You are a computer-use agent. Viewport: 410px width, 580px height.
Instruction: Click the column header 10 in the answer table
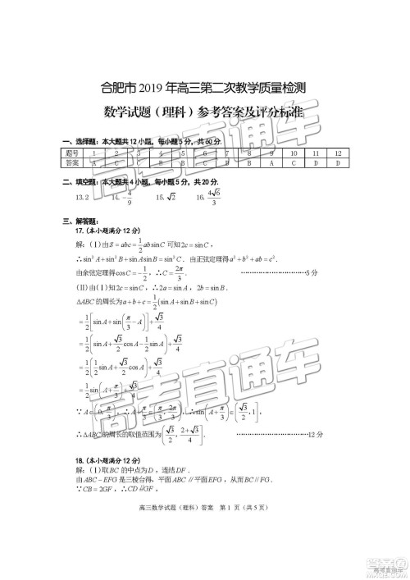pyautogui.click(x=293, y=153)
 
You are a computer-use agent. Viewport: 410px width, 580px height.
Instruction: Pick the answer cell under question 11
pyautogui.click(x=315, y=162)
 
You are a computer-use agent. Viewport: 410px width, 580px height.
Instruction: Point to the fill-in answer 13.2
pyautogui.click(x=82, y=198)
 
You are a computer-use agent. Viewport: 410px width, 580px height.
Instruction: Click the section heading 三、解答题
pyautogui.click(x=78, y=221)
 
